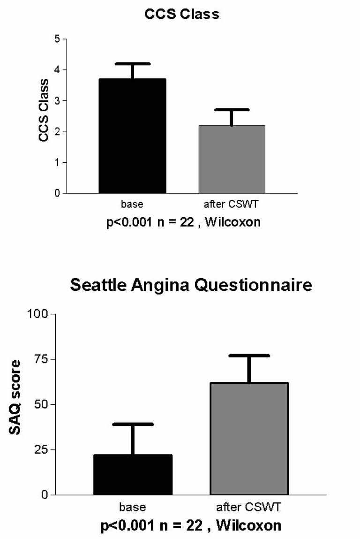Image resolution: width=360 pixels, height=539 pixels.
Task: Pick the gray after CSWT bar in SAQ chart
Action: pos(249,439)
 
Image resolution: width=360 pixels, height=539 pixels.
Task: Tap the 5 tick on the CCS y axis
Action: pos(58,39)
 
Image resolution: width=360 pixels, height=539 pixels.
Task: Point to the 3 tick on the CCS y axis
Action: pos(58,101)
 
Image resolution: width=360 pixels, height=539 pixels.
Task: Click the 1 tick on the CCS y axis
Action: pos(58,162)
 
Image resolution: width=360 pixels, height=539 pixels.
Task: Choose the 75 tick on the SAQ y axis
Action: pos(42,359)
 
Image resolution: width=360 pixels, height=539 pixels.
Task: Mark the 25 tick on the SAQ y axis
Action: pos(42,449)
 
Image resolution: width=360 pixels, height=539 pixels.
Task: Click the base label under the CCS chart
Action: pos(132,205)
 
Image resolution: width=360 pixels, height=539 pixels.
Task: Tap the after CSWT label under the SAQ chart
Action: pos(248,507)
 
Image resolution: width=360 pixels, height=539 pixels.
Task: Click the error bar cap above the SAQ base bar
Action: pos(133,424)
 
